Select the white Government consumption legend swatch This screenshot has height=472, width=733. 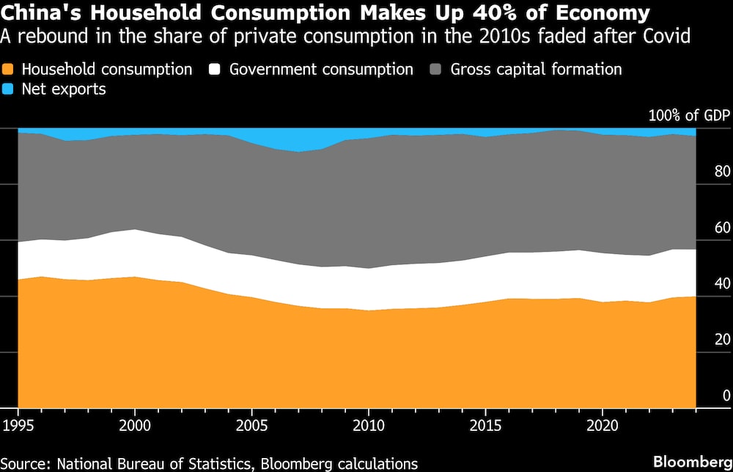point(216,70)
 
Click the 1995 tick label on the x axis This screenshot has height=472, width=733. point(18,426)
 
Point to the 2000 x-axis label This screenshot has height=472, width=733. point(135,426)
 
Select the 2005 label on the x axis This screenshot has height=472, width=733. point(251,426)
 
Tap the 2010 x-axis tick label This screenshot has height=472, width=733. point(368,426)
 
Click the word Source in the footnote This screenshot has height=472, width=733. point(27,463)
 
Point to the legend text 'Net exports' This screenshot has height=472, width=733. point(65,90)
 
